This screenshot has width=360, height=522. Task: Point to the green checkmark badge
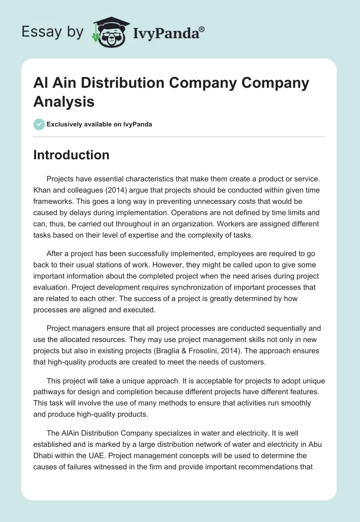point(39,124)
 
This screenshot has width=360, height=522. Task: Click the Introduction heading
point(72,155)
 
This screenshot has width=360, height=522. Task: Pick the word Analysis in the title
point(64,101)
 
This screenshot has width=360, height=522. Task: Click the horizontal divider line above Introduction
point(179,136)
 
